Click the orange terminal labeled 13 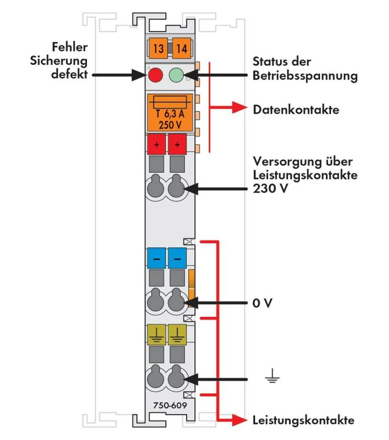(158, 48)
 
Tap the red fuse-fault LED (155, 75)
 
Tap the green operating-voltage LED (177, 75)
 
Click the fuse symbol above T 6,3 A (169, 102)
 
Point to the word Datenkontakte (296, 110)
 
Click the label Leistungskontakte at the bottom (303, 420)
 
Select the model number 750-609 (169, 405)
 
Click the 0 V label (261, 304)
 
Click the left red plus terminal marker (156, 144)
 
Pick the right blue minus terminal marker (177, 258)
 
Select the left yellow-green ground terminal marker (156, 334)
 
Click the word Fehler (69, 47)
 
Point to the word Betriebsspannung (304, 76)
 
